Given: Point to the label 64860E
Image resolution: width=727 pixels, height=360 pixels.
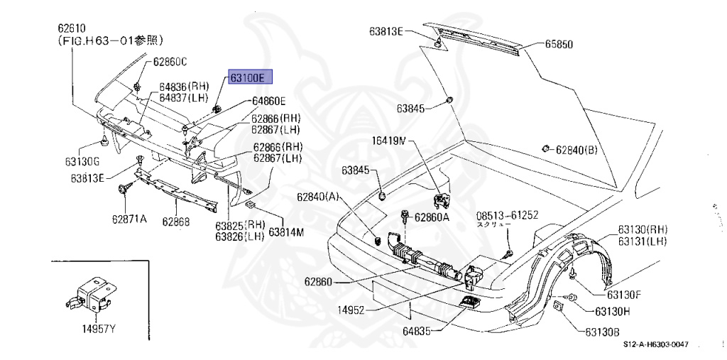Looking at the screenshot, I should tap(266, 101).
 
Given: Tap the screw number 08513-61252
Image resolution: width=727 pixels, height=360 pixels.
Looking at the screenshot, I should tap(507, 214).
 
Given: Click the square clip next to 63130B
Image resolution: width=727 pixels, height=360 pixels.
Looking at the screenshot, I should tap(558, 306).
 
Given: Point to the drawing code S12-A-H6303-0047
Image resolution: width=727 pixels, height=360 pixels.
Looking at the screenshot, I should tap(656, 343).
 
